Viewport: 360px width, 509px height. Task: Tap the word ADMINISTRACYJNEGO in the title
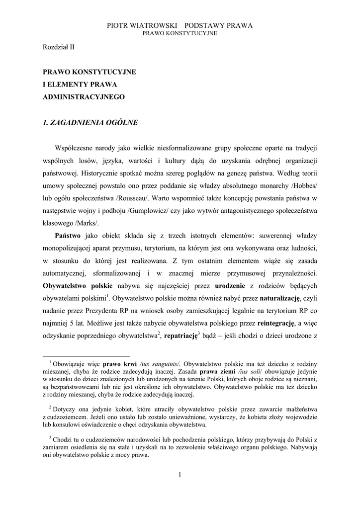pyautogui.click(x=83, y=97)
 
